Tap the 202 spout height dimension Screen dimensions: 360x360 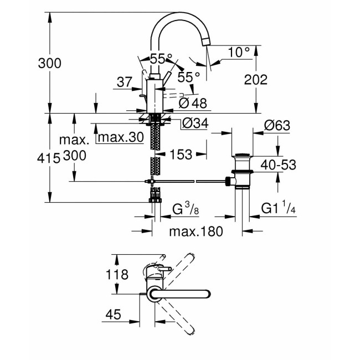pyautogui.click(x=256, y=80)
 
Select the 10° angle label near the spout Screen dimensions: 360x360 pyautogui.click(x=239, y=53)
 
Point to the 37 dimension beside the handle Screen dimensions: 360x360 pyautogui.click(x=125, y=83)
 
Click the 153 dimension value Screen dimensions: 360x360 pyautogui.click(x=181, y=156)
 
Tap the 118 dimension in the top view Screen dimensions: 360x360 pyautogui.click(x=117, y=274)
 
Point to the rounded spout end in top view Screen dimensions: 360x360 pyautogui.click(x=206, y=295)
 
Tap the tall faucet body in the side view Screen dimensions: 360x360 pyautogui.click(x=153, y=95)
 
